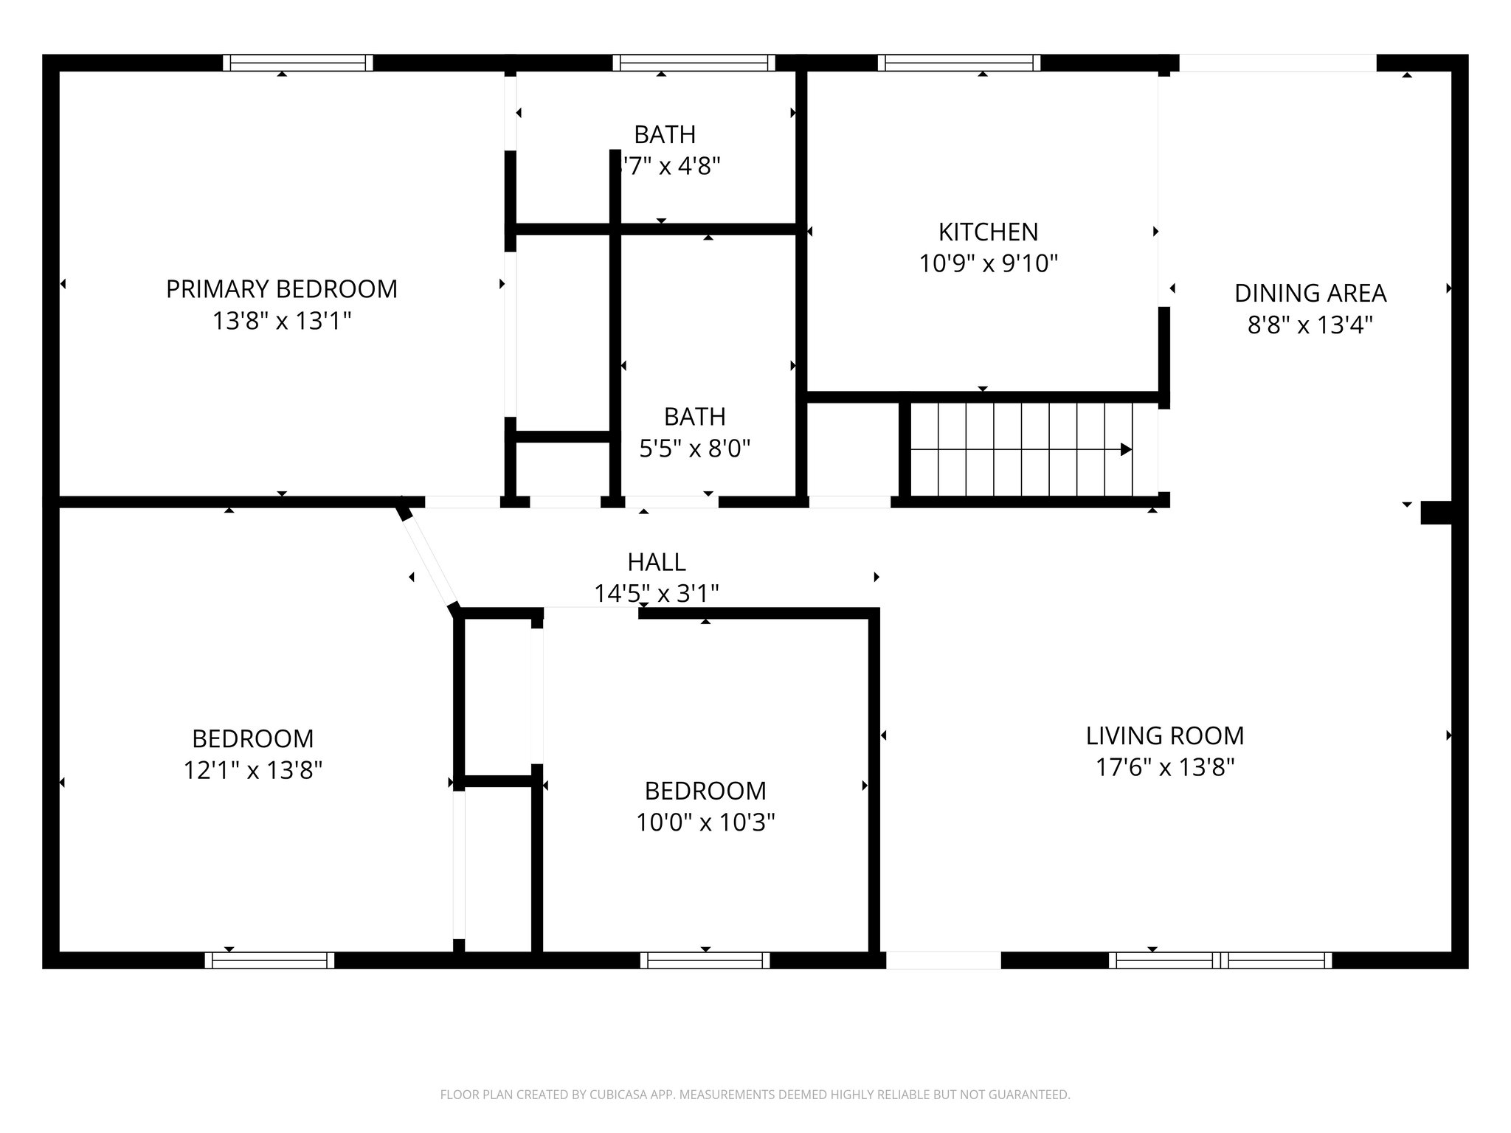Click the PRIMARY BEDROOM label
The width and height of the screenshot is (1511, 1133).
281,289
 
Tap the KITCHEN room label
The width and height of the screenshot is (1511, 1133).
988,232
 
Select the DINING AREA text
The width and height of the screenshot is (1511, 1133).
1310,294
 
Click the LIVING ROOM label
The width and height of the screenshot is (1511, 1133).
1164,736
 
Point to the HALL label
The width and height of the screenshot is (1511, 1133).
657,563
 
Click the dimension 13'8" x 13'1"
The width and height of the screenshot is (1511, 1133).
281,322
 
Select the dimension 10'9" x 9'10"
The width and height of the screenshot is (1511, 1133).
988,264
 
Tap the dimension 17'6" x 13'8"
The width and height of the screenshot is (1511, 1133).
1164,768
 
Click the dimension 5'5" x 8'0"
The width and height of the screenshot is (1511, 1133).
694,448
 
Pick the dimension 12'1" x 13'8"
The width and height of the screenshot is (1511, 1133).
252,771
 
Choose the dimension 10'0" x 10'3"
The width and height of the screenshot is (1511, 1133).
705,822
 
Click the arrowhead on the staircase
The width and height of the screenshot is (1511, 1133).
1126,449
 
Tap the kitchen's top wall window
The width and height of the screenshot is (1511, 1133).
958,63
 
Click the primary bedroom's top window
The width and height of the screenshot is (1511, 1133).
298,63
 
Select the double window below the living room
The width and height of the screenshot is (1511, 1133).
1220,960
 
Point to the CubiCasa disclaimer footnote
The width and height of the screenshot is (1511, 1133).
755,1095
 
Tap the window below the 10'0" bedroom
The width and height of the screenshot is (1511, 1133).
705,960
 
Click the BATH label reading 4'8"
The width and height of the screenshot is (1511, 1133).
665,135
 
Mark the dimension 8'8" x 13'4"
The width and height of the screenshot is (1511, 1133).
1310,325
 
